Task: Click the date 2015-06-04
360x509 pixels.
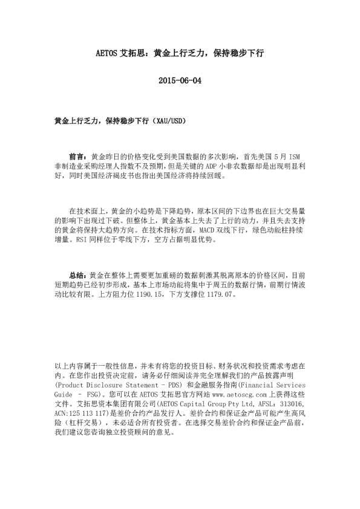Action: click(179, 80)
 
